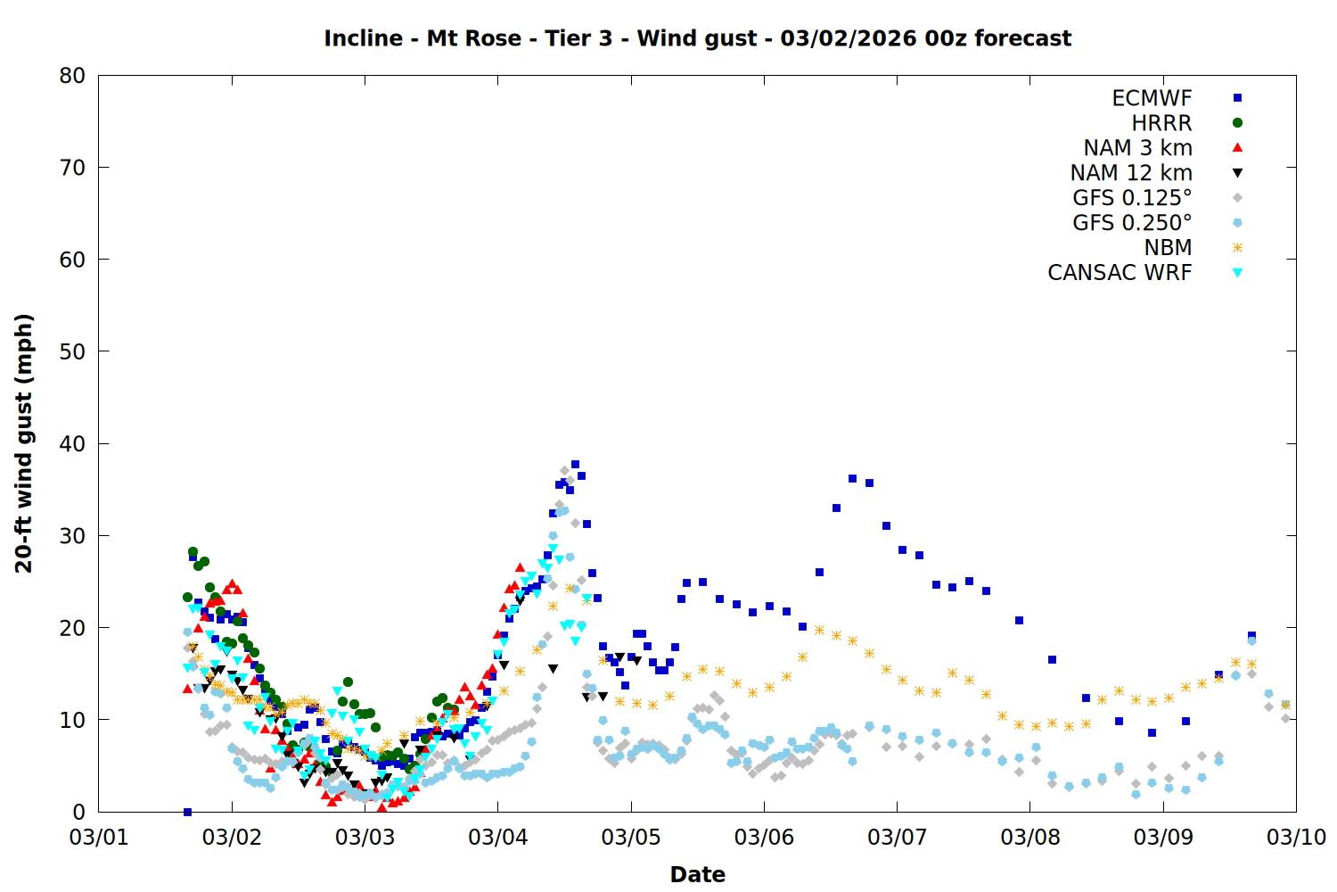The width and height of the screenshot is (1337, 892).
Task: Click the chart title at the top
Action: (x=697, y=38)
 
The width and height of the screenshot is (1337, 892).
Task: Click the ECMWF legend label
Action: (x=1152, y=98)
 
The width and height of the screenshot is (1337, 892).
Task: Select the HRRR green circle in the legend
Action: (x=1237, y=123)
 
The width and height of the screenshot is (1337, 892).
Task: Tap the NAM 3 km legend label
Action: (x=1137, y=148)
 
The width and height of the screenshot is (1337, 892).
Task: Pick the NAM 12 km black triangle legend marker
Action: (x=1237, y=173)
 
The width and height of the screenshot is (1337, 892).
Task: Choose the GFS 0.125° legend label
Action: (x=1132, y=198)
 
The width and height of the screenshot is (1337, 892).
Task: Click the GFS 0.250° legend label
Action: (x=1132, y=223)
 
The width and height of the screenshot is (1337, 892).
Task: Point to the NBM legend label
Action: (x=1168, y=248)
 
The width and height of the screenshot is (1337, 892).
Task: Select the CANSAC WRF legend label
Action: (x=1120, y=273)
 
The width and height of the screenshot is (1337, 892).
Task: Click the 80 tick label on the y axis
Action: (x=72, y=76)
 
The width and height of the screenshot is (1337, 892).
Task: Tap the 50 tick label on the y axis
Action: (x=72, y=351)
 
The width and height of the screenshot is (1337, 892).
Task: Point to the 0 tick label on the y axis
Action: (x=79, y=812)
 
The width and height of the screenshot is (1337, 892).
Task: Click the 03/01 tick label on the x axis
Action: (x=98, y=838)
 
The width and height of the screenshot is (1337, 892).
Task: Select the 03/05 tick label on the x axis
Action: (x=631, y=838)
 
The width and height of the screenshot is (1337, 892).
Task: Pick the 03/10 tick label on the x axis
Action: (x=1296, y=838)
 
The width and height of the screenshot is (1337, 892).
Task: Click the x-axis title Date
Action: (x=697, y=874)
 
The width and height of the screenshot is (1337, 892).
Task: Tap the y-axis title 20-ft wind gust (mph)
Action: (x=24, y=443)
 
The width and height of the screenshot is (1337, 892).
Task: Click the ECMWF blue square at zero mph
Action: (x=187, y=812)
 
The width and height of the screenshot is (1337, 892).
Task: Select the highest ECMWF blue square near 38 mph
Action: (x=575, y=464)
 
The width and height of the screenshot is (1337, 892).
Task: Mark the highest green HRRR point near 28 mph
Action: (x=193, y=552)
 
